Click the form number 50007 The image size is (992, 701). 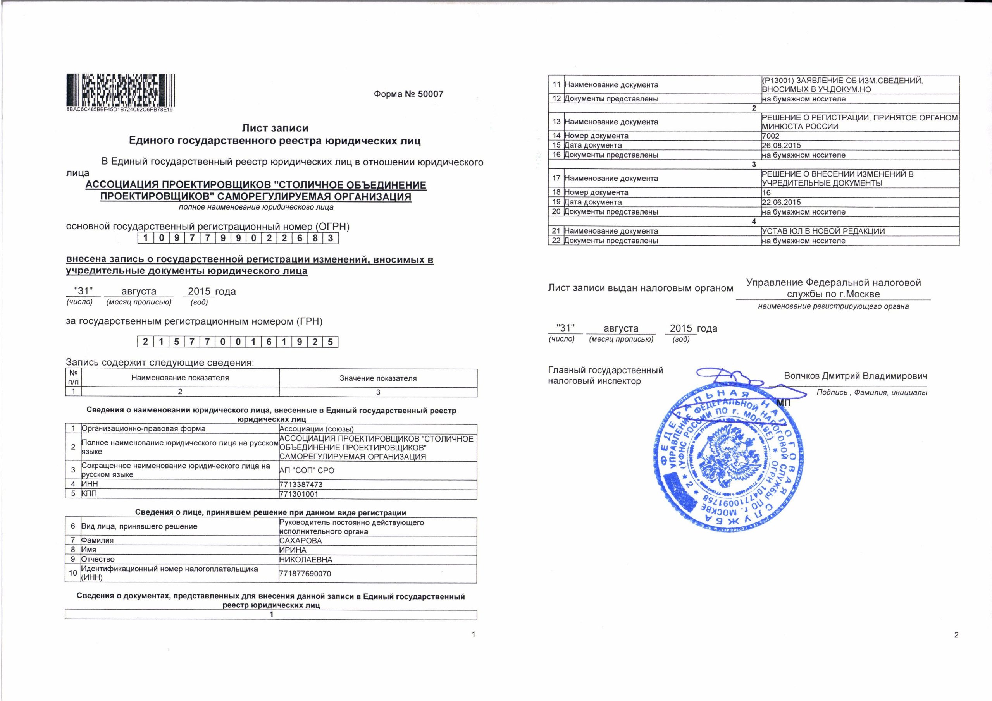click(408, 94)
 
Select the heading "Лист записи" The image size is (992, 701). click(275, 128)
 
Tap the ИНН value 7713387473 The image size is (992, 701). click(301, 485)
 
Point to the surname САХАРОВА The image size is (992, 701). click(301, 540)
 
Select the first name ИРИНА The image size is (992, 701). click(293, 550)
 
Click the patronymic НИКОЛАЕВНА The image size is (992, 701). click(306, 560)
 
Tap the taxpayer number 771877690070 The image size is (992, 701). click(305, 574)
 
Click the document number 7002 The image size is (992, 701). click(770, 136)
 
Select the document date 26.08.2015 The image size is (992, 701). click(781, 145)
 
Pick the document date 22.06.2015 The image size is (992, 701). click(781, 202)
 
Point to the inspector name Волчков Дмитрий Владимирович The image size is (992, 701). click(855, 376)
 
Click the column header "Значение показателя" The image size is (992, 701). click(378, 378)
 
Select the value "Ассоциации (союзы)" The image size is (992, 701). click(317, 429)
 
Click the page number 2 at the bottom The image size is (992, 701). click(956, 635)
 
